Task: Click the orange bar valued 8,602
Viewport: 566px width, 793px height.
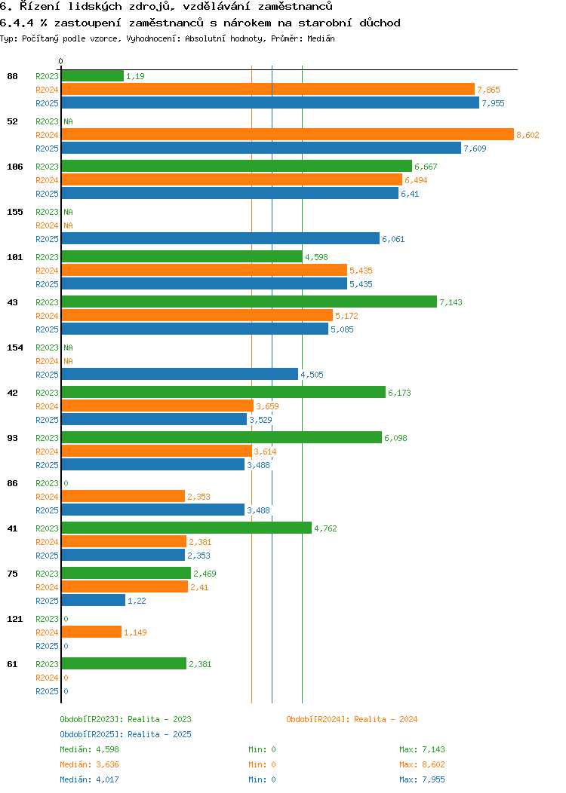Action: pyautogui.click(x=287, y=134)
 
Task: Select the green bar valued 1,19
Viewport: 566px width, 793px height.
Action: pyautogui.click(x=92, y=75)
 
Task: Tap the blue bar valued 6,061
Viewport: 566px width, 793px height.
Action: pyautogui.click(x=220, y=238)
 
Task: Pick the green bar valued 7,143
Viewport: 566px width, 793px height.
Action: pyautogui.click(x=249, y=302)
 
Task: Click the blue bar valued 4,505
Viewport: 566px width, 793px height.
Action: pyautogui.click(x=180, y=374)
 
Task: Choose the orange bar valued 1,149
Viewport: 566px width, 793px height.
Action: pyautogui.click(x=91, y=632)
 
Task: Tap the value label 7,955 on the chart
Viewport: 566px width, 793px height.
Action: pyautogui.click(x=493, y=103)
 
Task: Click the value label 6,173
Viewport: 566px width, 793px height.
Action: pyautogui.click(x=399, y=393)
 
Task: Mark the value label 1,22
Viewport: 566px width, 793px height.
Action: pyautogui.click(x=136, y=601)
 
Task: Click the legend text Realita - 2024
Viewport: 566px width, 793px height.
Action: pyautogui.click(x=386, y=719)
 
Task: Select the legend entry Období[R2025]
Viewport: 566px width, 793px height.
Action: pyautogui.click(x=91, y=734)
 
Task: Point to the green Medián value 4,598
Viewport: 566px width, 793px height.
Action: pyautogui.click(x=106, y=749)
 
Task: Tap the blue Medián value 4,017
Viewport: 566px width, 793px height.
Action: pyautogui.click(x=106, y=779)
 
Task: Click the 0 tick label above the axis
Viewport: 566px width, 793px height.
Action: pyautogui.click(x=61, y=61)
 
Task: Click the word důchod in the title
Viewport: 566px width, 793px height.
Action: pyautogui.click(x=380, y=23)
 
